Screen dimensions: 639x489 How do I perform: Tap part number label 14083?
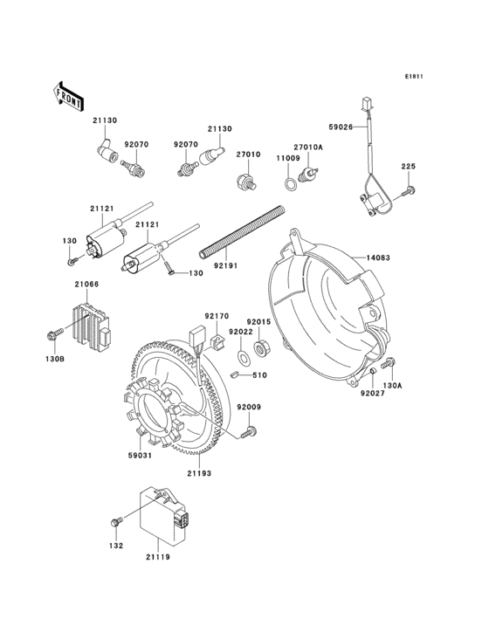coord(377,258)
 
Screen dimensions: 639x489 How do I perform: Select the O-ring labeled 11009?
coord(286,184)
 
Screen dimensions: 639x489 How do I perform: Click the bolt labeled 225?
coord(410,189)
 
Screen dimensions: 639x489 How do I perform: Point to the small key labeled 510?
coord(261,374)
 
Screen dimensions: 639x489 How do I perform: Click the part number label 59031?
coord(141,453)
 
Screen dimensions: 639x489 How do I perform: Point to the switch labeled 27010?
coord(245,182)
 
